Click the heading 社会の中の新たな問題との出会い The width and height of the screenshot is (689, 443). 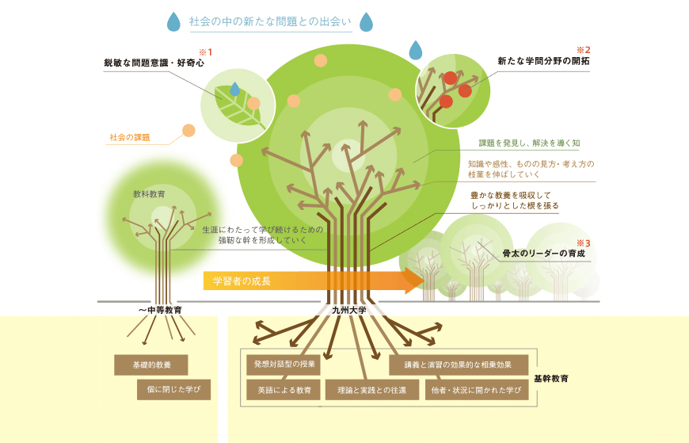[269, 22]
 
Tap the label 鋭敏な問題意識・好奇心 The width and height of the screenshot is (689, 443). [154, 62]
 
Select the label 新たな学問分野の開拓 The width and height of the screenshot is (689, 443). [543, 60]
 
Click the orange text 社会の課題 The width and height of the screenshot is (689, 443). [129, 138]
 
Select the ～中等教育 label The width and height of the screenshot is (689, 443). [160, 310]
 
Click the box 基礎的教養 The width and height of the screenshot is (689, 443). [150, 365]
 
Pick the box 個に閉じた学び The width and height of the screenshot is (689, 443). [173, 389]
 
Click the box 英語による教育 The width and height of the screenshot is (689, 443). [283, 390]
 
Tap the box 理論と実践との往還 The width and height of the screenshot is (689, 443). [371, 390]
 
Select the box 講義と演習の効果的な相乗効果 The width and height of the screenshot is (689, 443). [458, 365]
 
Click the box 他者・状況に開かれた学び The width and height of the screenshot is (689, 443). [476, 390]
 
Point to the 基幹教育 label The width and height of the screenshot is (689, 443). [551, 379]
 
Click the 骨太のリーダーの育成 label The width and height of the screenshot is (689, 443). [543, 254]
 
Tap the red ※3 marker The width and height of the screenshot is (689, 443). [583, 243]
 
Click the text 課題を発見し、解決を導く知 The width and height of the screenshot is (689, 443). [529, 144]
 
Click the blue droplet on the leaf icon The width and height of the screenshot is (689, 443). [234, 90]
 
